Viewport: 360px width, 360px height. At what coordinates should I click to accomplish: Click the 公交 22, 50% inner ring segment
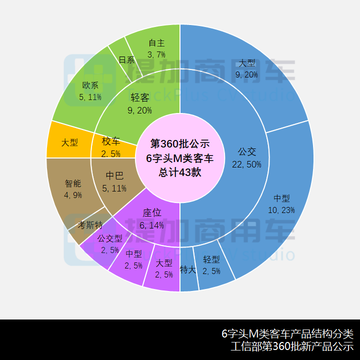tap(247, 158)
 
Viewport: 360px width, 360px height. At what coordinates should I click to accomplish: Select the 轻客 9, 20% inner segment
tap(140, 103)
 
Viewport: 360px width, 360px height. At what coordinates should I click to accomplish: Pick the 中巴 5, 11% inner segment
tap(115, 181)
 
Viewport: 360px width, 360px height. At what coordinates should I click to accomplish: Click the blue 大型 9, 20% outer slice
tap(247, 69)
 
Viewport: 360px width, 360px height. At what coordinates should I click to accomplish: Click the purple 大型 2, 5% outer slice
tap(163, 268)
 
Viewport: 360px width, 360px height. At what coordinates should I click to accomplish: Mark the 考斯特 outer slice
tap(90, 226)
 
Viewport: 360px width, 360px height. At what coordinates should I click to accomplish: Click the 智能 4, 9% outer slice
tap(72, 189)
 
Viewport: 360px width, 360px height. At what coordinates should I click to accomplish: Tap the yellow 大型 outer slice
tap(69, 143)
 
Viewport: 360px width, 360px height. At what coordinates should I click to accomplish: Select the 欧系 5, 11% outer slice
tap(90, 90)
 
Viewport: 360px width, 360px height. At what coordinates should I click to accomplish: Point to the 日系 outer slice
tap(126, 60)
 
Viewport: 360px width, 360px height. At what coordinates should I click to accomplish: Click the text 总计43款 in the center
tap(180, 172)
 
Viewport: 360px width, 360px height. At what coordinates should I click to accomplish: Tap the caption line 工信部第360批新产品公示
tap(292, 346)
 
